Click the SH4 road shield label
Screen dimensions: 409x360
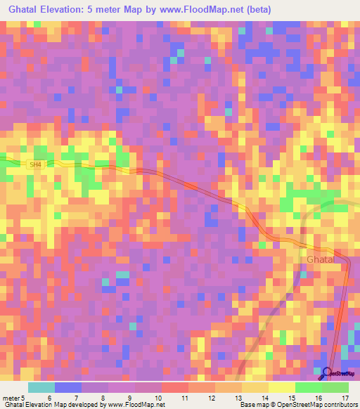pyautogui.click(x=36, y=165)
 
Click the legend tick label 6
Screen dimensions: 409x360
pyautogui.click(x=49, y=397)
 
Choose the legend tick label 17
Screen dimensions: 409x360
pyautogui.click(x=345, y=397)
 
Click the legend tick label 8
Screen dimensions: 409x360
pyautogui.click(x=103, y=397)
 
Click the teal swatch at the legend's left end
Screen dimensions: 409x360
pyautogui.click(x=41, y=387)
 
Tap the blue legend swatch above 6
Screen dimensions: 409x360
pyautogui.click(x=68, y=387)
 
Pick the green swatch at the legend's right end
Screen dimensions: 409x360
pyautogui.click(x=335, y=387)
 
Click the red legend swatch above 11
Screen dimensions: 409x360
pyautogui.click(x=175, y=387)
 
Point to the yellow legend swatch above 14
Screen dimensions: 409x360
pyautogui.click(x=255, y=387)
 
